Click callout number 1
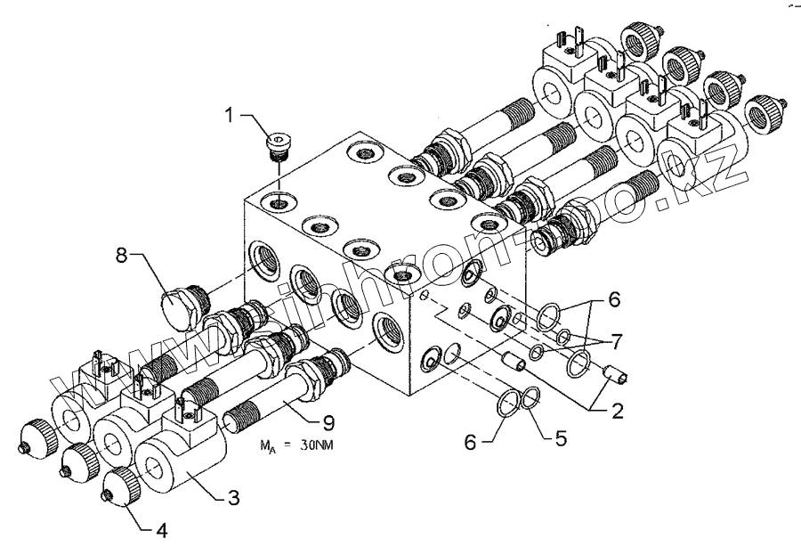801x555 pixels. tap(231, 116)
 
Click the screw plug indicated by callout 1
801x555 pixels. tap(280, 144)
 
